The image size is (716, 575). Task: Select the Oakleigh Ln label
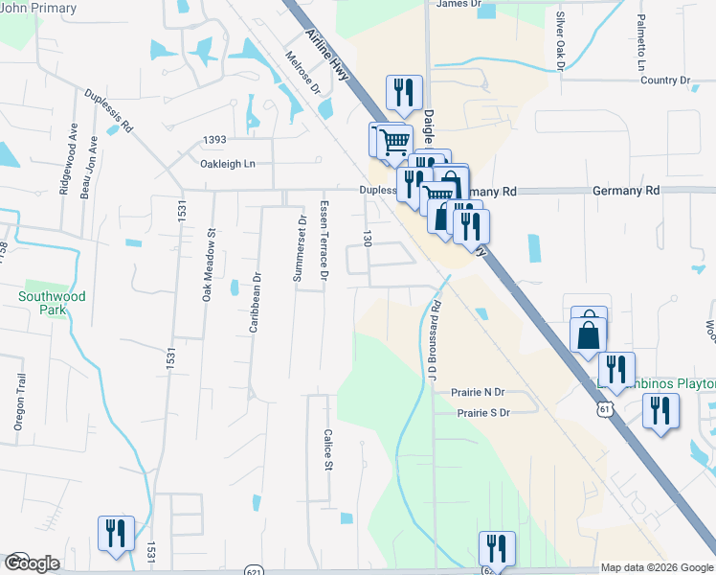click(228, 164)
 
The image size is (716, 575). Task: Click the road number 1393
click(214, 140)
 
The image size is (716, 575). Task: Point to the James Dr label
click(459, 4)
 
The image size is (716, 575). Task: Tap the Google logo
click(31, 563)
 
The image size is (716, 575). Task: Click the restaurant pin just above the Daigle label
click(403, 92)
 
